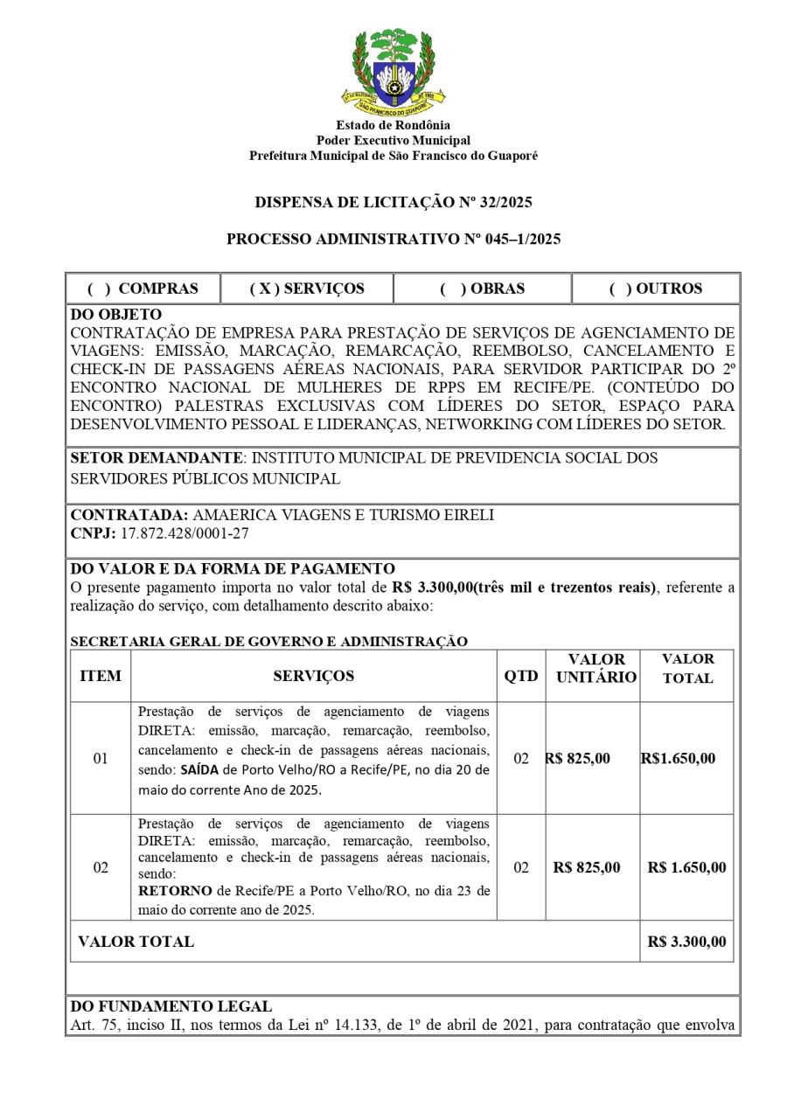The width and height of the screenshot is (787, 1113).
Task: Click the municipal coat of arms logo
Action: (393, 73)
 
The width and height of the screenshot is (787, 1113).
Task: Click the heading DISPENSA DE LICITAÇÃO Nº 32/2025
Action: (393, 203)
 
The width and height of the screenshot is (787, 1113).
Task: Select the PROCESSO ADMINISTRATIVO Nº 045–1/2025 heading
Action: (393, 239)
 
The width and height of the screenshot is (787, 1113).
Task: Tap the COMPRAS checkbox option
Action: (143, 289)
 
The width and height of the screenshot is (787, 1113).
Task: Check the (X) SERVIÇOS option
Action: (307, 289)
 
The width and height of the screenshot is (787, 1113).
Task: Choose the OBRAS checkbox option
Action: (482, 289)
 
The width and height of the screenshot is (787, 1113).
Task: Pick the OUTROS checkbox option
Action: (656, 289)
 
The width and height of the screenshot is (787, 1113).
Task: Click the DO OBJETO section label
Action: (115, 314)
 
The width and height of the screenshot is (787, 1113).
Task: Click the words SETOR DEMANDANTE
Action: (156, 457)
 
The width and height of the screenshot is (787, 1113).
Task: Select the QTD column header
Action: (521, 676)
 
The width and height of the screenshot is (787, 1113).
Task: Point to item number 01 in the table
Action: (101, 758)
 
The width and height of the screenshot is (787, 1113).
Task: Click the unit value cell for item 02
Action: (587, 867)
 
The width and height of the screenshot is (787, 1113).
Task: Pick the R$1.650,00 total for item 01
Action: (678, 758)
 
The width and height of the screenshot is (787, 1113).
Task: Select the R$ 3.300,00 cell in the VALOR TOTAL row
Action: (686, 942)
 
